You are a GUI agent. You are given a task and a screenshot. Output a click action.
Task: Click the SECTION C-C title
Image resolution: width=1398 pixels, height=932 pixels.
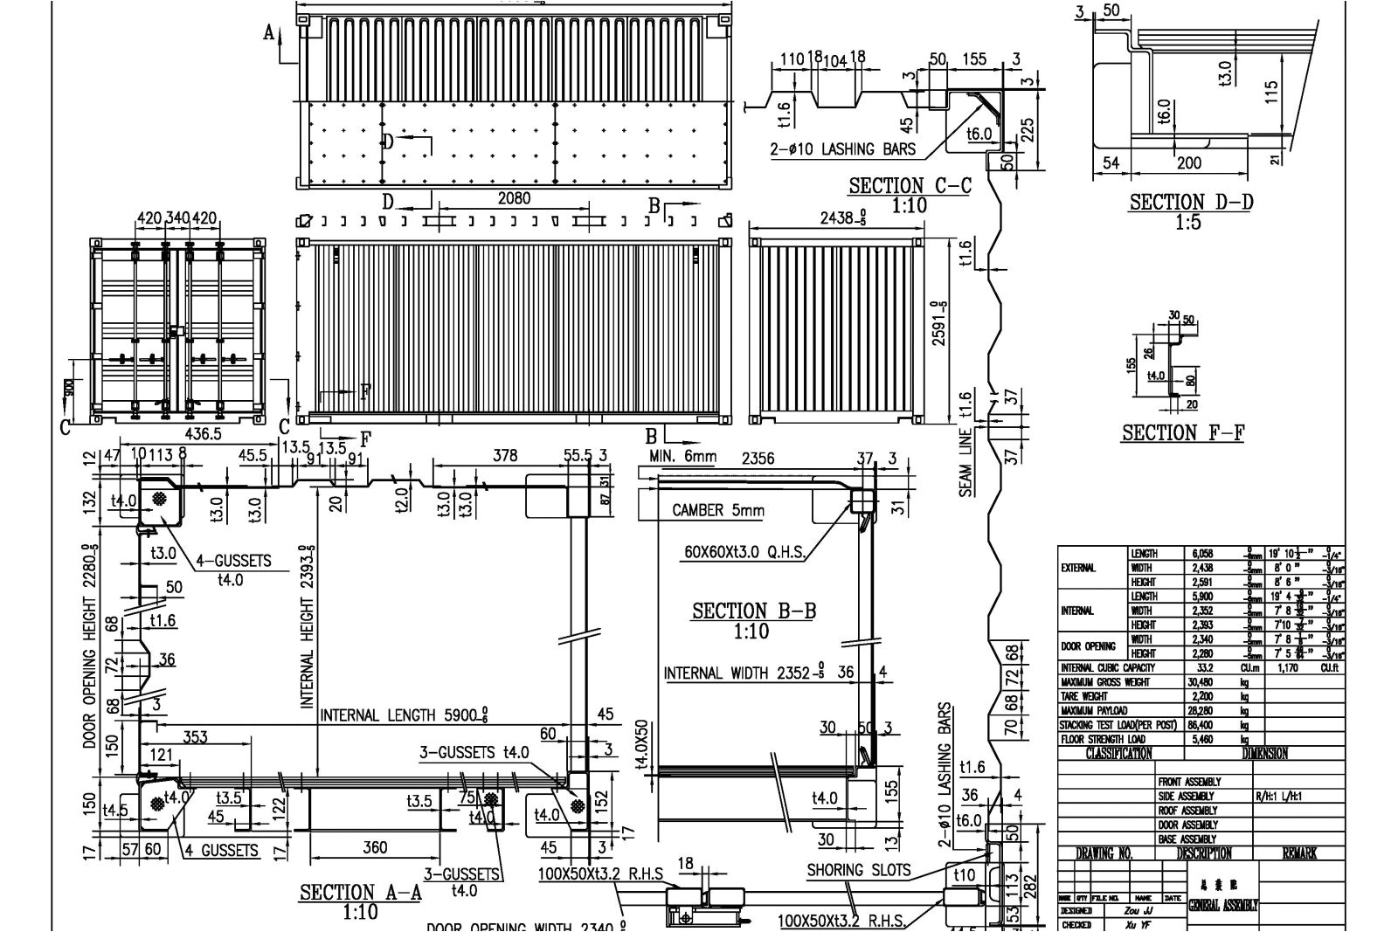pyautogui.click(x=910, y=185)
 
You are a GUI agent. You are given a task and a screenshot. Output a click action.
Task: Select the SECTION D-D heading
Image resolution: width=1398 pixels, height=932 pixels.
pyautogui.click(x=1190, y=202)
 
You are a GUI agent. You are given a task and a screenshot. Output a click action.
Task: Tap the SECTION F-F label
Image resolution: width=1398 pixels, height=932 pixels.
pyautogui.click(x=1183, y=432)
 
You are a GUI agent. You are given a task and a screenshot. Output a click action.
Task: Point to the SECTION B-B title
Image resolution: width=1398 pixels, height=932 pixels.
pyautogui.click(x=753, y=611)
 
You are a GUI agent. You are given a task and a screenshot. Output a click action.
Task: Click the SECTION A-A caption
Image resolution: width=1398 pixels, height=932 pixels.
pyautogui.click(x=360, y=892)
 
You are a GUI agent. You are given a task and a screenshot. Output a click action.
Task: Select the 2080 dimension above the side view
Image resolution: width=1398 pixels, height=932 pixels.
pyautogui.click(x=514, y=198)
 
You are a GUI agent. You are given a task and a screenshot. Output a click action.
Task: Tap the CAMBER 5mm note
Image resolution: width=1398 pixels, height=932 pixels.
pyautogui.click(x=718, y=510)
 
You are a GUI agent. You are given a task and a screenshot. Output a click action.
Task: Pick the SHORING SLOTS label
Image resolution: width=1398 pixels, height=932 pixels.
pyautogui.click(x=858, y=870)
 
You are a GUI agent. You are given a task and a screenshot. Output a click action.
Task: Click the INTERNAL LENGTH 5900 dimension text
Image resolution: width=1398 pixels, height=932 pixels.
pyautogui.click(x=403, y=715)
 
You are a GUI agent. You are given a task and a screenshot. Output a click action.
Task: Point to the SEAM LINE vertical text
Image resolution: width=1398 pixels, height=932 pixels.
pyautogui.click(x=965, y=464)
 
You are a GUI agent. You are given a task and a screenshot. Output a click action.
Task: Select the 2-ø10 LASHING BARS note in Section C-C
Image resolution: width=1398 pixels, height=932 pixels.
pyautogui.click(x=842, y=148)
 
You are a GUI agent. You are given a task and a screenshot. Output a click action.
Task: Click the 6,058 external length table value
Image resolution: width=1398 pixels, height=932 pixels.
pyautogui.click(x=1202, y=554)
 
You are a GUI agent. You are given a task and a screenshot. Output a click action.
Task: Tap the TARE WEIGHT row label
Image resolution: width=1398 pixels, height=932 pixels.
pyautogui.click(x=1083, y=697)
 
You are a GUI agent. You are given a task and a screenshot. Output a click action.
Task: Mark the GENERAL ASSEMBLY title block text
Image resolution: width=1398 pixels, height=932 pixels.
pyautogui.click(x=1223, y=906)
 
